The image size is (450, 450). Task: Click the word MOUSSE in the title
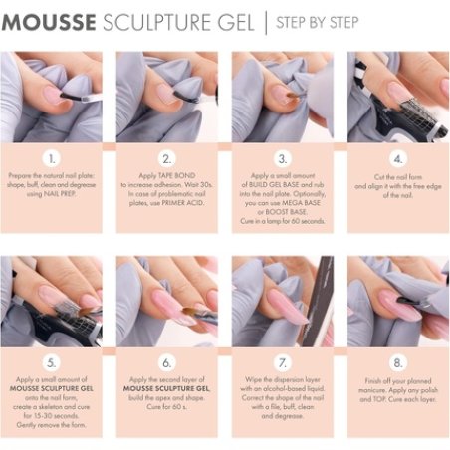[51, 22]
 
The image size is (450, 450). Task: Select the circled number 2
[167, 156]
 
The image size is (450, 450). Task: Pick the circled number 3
[283, 156]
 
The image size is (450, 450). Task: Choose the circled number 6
[167, 363]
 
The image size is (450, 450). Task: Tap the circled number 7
[283, 363]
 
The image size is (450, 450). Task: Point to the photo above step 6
[167, 301]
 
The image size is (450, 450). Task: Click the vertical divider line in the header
[265, 22]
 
